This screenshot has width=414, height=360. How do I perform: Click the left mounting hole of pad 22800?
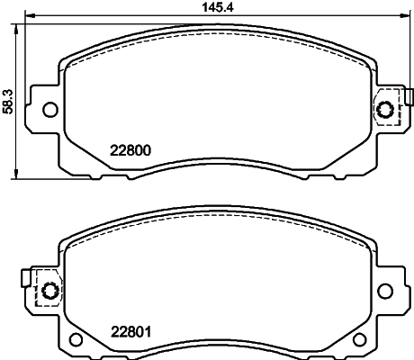point(50,110)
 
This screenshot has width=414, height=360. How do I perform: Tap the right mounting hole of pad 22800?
point(387,110)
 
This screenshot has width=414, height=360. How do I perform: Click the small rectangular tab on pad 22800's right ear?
point(408,96)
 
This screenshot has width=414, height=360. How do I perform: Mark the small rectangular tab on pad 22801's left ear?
point(27,277)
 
